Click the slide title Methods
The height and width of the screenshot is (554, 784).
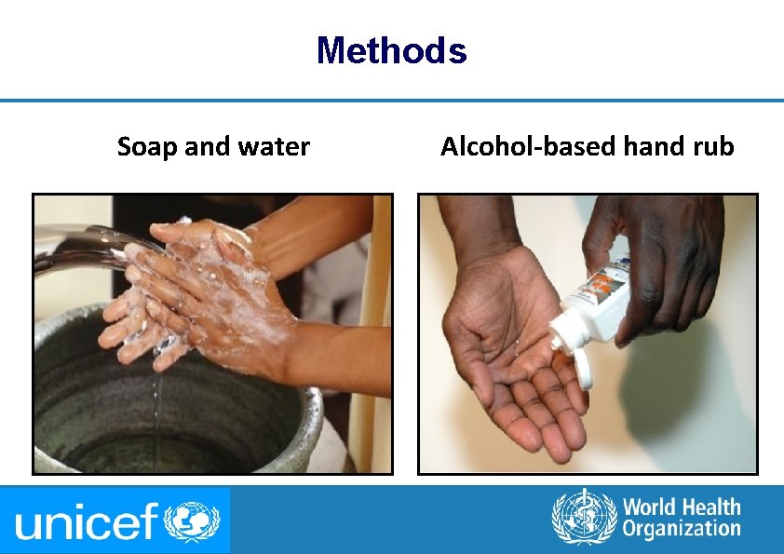point(391,50)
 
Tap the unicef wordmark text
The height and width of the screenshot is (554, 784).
point(88,521)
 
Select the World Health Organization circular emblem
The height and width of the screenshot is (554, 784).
point(584,518)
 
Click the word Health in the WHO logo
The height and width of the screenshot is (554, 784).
point(707,507)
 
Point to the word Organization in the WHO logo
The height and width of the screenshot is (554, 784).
point(682,530)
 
